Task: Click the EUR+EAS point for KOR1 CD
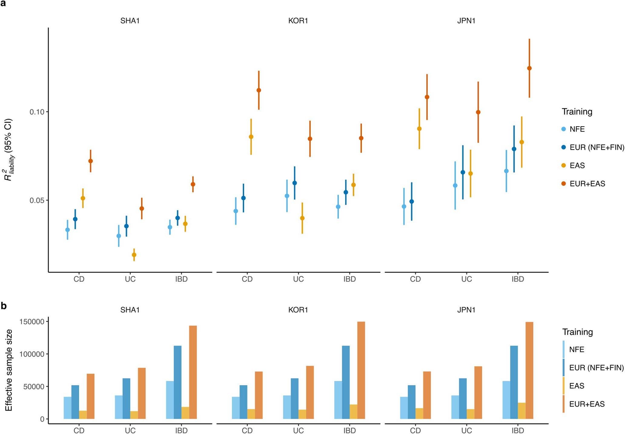(259, 90)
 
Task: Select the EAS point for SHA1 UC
(134, 255)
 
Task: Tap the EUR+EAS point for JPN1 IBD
(529, 68)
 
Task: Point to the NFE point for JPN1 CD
(404, 206)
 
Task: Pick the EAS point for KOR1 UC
(302, 218)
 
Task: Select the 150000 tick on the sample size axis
(31, 322)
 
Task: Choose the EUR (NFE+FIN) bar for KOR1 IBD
(346, 382)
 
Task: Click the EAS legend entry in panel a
(577, 165)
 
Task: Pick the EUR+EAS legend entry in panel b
(587, 404)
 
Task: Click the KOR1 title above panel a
(298, 21)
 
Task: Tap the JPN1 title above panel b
(466, 310)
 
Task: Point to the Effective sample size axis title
(9, 370)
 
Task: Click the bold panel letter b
(4, 306)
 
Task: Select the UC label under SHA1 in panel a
(130, 279)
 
